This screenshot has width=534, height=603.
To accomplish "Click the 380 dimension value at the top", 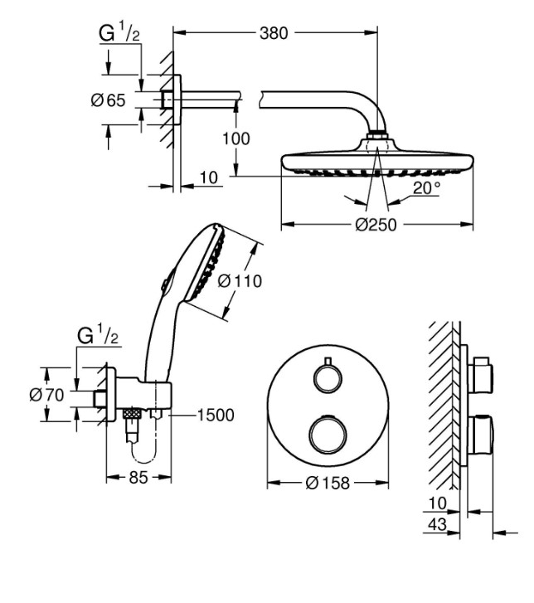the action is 274,33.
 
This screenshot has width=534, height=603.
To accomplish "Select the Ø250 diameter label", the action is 376,225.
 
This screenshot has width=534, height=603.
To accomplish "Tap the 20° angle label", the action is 427,188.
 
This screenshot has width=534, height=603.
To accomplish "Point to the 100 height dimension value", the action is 236,139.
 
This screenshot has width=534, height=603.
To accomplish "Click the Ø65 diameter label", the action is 108,100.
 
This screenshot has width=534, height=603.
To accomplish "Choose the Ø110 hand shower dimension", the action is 240,281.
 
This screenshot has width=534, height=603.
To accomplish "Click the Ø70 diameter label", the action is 46,395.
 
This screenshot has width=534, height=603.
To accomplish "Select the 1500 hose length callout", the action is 216,416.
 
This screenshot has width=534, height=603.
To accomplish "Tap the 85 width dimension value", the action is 138,478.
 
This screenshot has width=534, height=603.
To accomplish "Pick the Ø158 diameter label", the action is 328,484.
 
